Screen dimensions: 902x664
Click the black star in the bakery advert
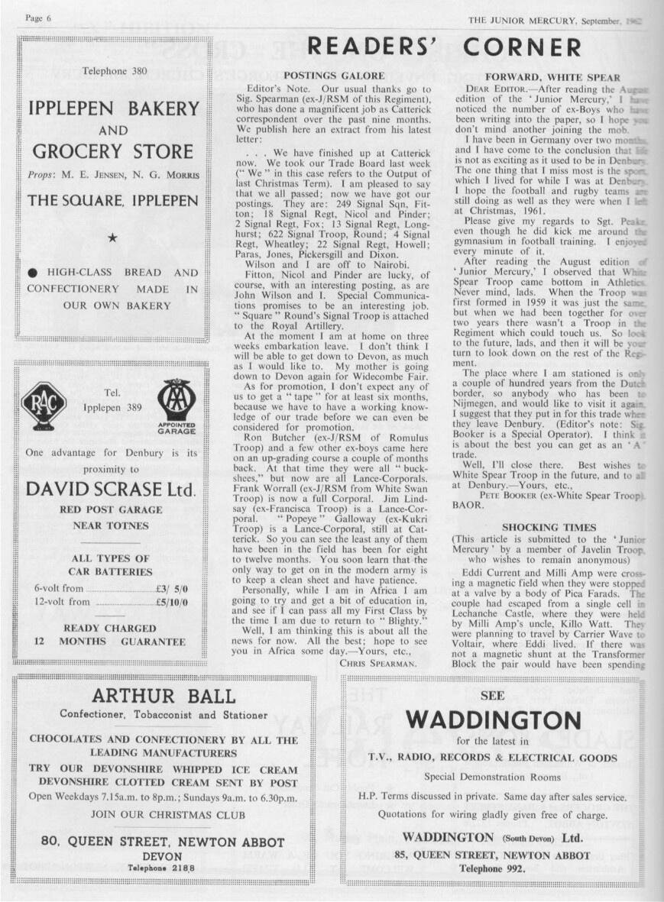pyautogui.click(x=112, y=238)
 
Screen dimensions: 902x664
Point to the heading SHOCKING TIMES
pyautogui.click(x=549, y=527)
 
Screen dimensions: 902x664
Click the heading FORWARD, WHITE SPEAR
pyautogui.click(x=552, y=77)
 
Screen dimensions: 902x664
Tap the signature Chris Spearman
pyautogui.click(x=377, y=662)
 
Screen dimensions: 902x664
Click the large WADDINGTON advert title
pyautogui.click(x=493, y=719)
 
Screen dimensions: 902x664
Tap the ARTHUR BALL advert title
pyautogui.click(x=164, y=696)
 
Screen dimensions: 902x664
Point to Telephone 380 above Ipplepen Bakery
pyautogui.click(x=115, y=71)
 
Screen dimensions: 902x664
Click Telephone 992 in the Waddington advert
pyautogui.click(x=492, y=868)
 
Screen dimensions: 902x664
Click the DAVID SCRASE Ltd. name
pyautogui.click(x=112, y=489)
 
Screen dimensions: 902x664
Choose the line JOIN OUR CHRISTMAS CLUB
pyautogui.click(x=164, y=813)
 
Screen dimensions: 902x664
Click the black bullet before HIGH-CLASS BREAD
pyautogui.click(x=33, y=272)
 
